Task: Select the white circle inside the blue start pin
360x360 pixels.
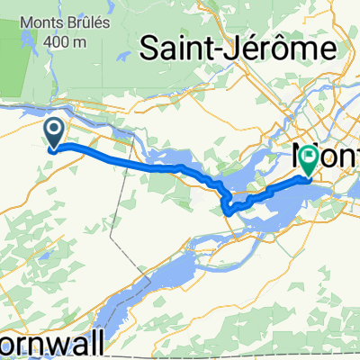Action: point(54,131)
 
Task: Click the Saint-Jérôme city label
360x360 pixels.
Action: point(238,46)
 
